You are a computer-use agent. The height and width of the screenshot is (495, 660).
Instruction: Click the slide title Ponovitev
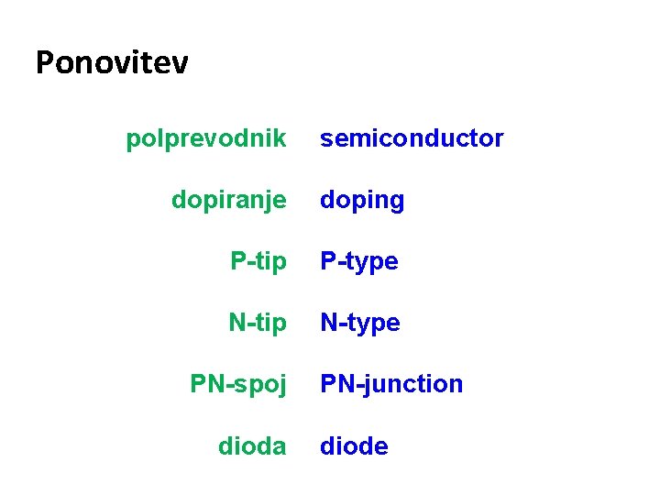pyautogui.click(x=112, y=62)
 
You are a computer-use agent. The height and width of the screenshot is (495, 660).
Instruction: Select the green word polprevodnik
pyautogui.click(x=206, y=138)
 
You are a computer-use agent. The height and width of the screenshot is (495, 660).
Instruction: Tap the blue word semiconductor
pyautogui.click(x=412, y=138)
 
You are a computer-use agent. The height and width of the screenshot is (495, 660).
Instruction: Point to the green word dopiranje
pyautogui.click(x=228, y=200)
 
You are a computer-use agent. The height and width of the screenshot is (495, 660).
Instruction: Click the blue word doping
pyautogui.click(x=362, y=200)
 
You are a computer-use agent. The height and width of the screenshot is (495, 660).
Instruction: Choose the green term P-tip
pyautogui.click(x=258, y=261)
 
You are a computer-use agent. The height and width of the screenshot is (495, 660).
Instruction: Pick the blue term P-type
pyautogui.click(x=358, y=261)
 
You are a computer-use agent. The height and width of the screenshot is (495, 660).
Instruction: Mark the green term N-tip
pyautogui.click(x=257, y=323)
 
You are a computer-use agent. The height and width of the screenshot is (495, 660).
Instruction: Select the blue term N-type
pyautogui.click(x=359, y=323)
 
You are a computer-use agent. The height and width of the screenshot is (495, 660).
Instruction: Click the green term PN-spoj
pyautogui.click(x=238, y=384)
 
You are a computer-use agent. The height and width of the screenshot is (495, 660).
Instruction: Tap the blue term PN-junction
pyautogui.click(x=391, y=384)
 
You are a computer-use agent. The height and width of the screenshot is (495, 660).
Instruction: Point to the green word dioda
pyautogui.click(x=252, y=446)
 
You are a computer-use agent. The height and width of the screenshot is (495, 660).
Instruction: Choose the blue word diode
pyautogui.click(x=354, y=446)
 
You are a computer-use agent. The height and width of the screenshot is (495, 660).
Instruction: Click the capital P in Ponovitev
pyautogui.click(x=45, y=62)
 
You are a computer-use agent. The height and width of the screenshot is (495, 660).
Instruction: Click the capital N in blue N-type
pyautogui.click(x=328, y=323)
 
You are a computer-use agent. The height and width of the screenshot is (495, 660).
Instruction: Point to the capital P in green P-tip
pyautogui.click(x=237, y=261)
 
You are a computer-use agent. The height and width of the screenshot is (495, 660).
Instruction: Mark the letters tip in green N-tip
pyautogui.click(x=271, y=324)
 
